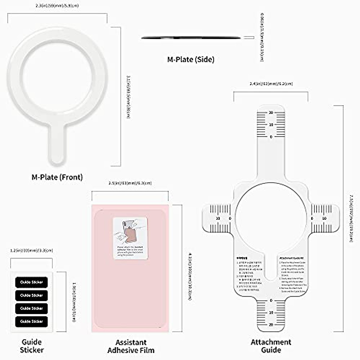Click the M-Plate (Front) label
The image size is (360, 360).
[57, 177]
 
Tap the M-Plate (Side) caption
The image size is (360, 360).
[191, 59]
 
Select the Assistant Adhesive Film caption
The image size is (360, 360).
[131, 346]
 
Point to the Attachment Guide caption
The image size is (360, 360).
[271, 346]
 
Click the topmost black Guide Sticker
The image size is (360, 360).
[31, 282]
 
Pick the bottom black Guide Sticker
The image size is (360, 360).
[31, 321]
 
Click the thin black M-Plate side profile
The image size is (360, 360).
[191, 38]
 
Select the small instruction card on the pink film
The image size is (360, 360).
[130, 238]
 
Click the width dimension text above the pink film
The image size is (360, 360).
[130, 183]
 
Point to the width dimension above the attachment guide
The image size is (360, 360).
[271, 84]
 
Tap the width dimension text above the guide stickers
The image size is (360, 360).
[31, 250]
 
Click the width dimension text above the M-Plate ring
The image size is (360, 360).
[57, 6]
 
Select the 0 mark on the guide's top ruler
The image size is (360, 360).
[271, 137]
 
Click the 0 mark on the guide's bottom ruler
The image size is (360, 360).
[271, 301]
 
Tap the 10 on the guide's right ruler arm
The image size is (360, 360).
[324, 218]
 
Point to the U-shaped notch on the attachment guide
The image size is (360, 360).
[271, 270]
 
